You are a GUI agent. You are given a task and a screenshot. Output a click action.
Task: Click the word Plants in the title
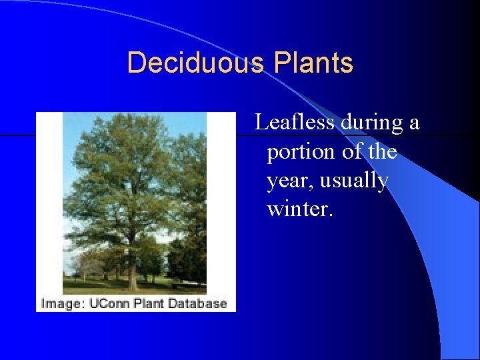point(313,63)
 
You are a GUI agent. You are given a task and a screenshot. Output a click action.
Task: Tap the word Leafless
point(295,123)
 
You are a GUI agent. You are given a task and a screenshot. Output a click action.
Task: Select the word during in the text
point(372,123)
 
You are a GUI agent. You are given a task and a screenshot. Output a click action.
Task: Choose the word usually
point(355,181)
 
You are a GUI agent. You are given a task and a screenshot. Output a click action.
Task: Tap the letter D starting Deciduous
point(135,63)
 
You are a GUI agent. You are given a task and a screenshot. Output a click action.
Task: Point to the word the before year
point(382,152)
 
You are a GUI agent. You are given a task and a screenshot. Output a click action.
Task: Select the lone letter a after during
point(414,124)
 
